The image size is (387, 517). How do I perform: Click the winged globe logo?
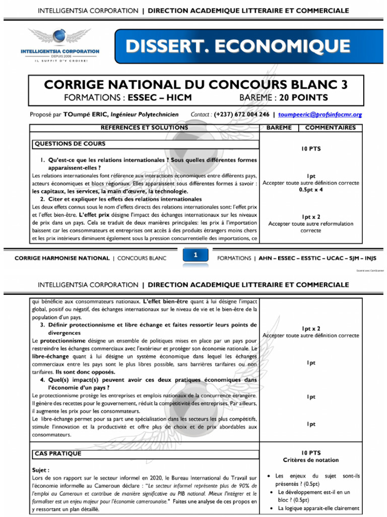coord(60,39)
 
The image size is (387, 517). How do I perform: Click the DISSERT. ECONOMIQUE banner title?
coord(238,46)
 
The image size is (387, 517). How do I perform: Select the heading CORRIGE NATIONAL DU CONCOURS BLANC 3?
coord(196,84)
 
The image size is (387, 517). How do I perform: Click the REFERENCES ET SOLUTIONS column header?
coord(145,128)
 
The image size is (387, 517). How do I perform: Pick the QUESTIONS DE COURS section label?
coord(70,144)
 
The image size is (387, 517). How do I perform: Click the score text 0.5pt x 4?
coord(311,189)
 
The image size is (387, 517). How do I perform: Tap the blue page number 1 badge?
coord(194,256)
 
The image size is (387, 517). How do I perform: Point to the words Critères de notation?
coord(311,460)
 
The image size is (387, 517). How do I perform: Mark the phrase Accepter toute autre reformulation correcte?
coord(311,226)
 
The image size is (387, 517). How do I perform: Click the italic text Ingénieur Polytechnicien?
coord(144,115)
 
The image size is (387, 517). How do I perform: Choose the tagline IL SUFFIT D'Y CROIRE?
coord(60,60)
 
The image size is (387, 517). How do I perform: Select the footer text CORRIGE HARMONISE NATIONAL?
coord(61,258)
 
